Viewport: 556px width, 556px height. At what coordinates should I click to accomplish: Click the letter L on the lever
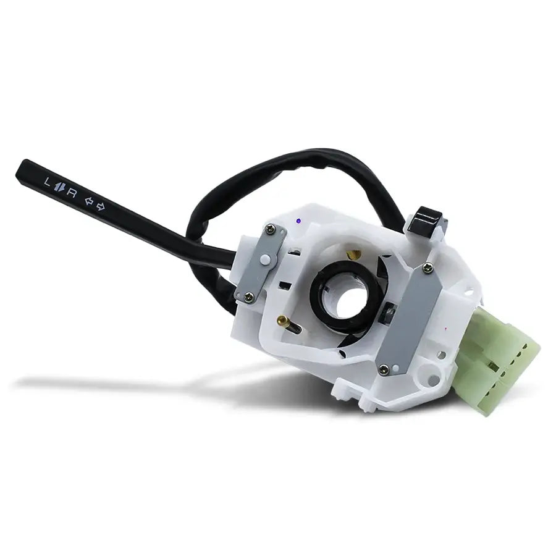pyautogui.click(x=47, y=182)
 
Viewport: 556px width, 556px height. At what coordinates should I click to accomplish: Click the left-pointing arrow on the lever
pyautogui.click(x=88, y=201)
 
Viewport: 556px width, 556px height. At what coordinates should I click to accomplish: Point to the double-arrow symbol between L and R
pyautogui.click(x=59, y=187)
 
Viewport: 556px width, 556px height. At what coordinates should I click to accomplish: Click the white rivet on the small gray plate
pyautogui.click(x=264, y=260)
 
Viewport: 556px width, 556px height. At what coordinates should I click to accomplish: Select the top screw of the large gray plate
pyautogui.click(x=428, y=269)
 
